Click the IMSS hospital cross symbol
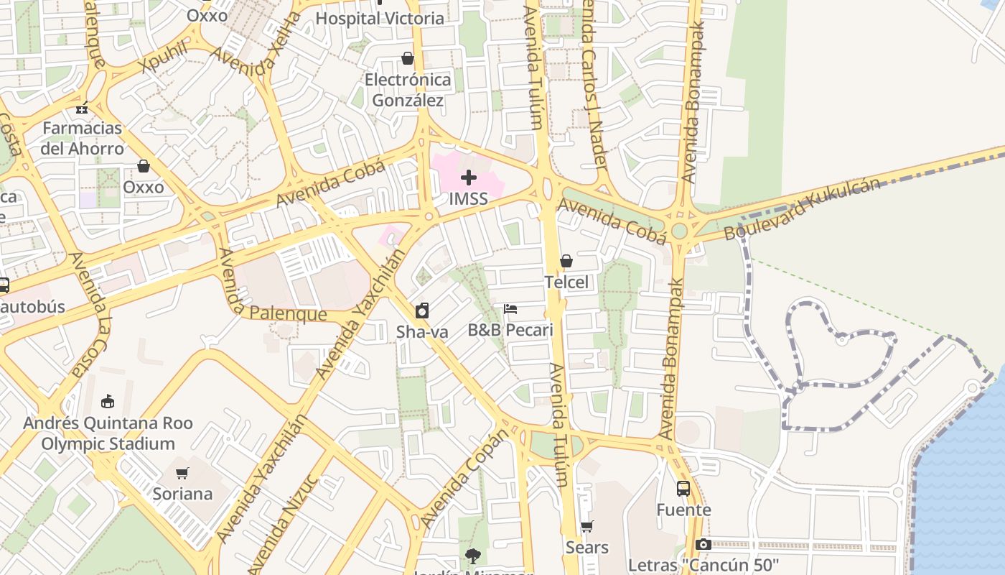pyautogui.click(x=469, y=178)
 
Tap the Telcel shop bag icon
pyautogui.click(x=566, y=261)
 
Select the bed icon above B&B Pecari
pyautogui.click(x=510, y=309)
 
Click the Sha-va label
pyautogui.click(x=422, y=332)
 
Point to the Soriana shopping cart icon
pyautogui.click(x=182, y=473)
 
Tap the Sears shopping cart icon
pyautogui.click(x=587, y=527)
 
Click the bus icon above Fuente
pyautogui.click(x=683, y=489)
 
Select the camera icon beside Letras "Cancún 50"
pyautogui.click(x=703, y=544)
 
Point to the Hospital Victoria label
pyautogui.click(x=380, y=19)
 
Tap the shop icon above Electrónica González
pyautogui.click(x=408, y=58)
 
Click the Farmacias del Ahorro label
pyautogui.click(x=83, y=138)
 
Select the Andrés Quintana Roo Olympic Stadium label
pyautogui.click(x=108, y=433)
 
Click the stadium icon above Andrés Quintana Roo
pyautogui.click(x=108, y=400)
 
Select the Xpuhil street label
pyautogui.click(x=164, y=57)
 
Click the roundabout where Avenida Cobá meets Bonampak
pyautogui.click(x=679, y=231)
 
